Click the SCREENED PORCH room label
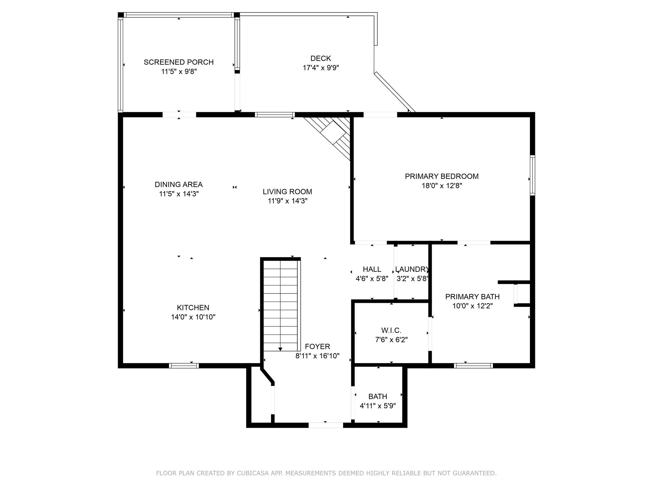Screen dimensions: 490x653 (179, 62)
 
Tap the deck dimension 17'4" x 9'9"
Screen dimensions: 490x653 (321, 68)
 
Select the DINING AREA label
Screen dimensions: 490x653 (179, 184)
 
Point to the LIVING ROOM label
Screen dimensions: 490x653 (287, 192)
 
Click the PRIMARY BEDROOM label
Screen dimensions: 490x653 (442, 176)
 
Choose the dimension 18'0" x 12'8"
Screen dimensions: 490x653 (442, 186)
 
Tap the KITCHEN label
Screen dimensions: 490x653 (193, 308)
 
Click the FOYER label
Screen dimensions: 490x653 (317, 346)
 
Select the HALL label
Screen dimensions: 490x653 (372, 269)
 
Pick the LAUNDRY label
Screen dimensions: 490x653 (412, 269)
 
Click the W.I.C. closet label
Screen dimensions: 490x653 (391, 330)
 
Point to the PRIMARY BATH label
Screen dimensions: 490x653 (472, 297)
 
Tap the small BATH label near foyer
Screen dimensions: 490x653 (378, 397)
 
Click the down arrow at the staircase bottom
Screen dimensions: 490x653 (280, 349)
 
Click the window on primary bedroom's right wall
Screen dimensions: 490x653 (532, 175)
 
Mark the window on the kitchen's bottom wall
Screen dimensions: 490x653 (184, 366)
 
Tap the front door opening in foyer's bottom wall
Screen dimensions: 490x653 (326, 425)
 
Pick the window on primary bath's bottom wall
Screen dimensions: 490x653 (473, 366)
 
